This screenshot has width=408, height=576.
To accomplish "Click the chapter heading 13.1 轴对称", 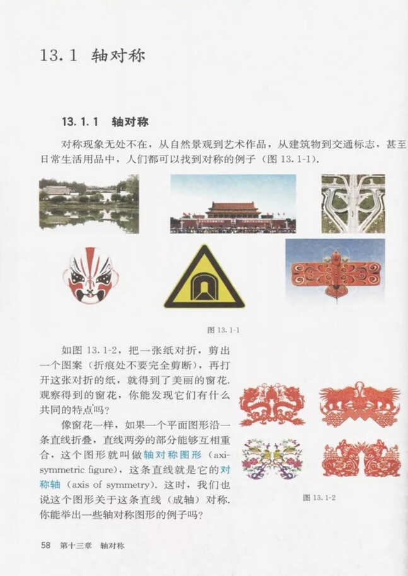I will (92, 55).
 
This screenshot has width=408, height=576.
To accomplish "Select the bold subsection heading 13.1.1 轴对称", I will (105, 120).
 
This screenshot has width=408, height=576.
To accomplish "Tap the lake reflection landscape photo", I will (88, 204).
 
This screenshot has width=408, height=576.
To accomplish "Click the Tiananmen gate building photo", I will (233, 205).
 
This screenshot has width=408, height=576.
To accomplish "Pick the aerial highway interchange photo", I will (353, 204).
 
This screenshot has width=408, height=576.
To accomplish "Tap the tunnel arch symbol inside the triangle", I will (204, 289).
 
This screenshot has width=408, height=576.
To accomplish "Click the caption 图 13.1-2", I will (318, 497).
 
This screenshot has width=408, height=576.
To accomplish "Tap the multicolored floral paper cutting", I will (272, 458).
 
